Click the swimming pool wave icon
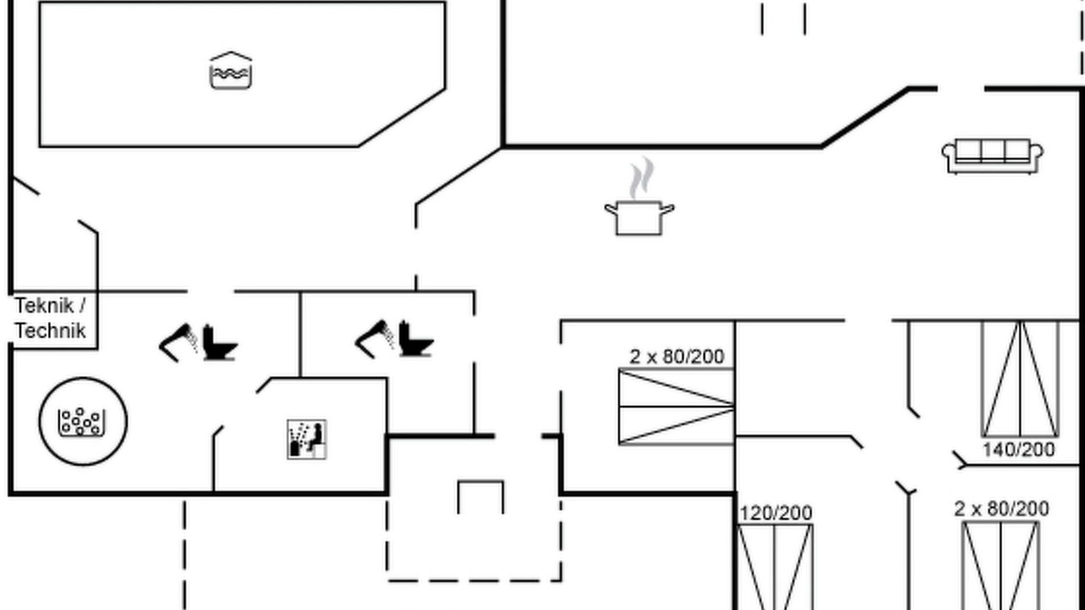point(231,70)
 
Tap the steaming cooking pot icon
point(639,218)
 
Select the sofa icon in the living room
point(993,156)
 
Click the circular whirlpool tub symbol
point(83,421)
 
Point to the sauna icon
point(307,440)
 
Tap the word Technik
point(50,330)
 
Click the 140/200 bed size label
point(1019,450)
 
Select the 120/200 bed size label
point(776,513)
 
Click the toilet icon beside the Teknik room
point(220,342)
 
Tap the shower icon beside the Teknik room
point(178,342)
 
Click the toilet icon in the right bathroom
point(415,339)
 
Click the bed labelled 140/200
point(1020,379)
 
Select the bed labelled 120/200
point(775,567)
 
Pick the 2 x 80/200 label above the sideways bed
point(676,357)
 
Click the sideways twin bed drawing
point(676,407)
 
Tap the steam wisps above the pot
point(642,178)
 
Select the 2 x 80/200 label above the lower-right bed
point(1002,509)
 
